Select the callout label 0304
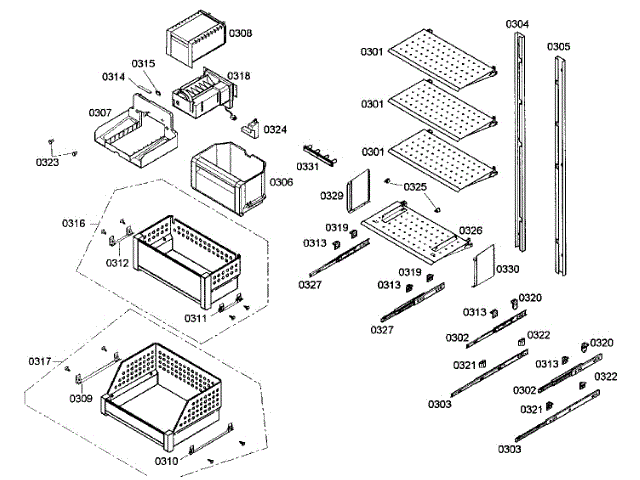point(517,23)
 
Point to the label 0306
point(281,182)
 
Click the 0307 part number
point(99,112)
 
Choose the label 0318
point(239,76)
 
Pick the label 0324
point(275,129)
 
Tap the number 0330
point(508,269)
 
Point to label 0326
point(471,230)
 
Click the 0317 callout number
point(40,361)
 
